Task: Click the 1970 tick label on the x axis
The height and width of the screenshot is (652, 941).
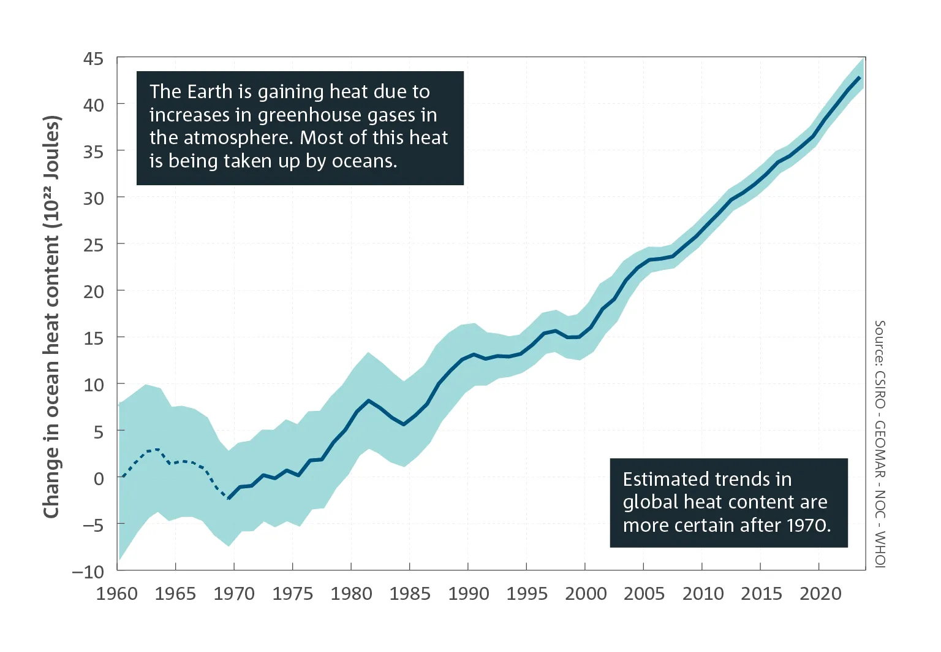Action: pyautogui.click(x=234, y=594)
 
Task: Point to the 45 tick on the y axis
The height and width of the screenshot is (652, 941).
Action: pyautogui.click(x=93, y=59)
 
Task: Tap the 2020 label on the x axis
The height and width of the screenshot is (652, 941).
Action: pyautogui.click(x=820, y=594)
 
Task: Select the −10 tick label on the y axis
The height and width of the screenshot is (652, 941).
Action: pyautogui.click(x=88, y=572)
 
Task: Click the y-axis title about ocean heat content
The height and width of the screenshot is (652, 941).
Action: pyautogui.click(x=53, y=316)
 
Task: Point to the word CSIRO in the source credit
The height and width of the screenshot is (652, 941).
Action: pyautogui.click(x=880, y=389)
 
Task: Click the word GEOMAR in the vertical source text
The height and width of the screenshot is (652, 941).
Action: pyautogui.click(x=880, y=450)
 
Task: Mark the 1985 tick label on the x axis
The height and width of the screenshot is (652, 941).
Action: pyautogui.click(x=410, y=594)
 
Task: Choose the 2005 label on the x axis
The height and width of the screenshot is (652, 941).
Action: pyautogui.click(x=644, y=594)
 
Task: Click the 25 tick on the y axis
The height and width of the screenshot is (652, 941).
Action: pyautogui.click(x=93, y=245)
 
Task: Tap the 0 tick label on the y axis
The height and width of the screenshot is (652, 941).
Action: pyautogui.click(x=99, y=478)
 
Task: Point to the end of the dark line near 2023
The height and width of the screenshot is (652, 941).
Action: pyautogui.click(x=861, y=77)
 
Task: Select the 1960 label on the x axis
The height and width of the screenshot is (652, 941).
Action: pyautogui.click(x=117, y=594)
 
